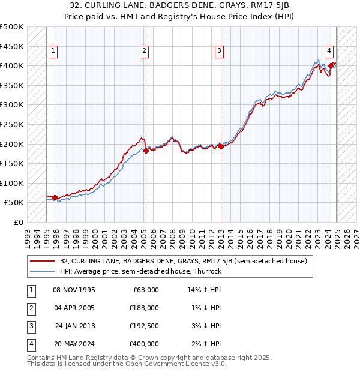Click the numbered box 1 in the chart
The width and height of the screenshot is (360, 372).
[x=53, y=52]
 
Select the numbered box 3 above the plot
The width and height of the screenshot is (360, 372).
[x=220, y=52]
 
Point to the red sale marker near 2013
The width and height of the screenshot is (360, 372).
[x=221, y=146]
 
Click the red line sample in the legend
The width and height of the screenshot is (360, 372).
[x=43, y=261]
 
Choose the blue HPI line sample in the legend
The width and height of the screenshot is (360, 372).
[x=43, y=271]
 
